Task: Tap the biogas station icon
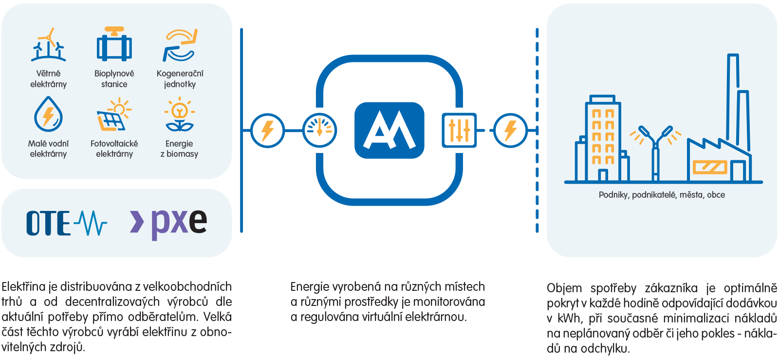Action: click(114, 44)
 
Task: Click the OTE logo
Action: click(66, 223)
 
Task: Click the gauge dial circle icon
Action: click(319, 131)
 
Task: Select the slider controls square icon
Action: click(459, 131)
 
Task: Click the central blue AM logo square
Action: click(389, 131)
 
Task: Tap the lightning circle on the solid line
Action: click(267, 131)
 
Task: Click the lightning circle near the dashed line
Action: click(511, 131)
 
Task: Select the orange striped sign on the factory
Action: click(710, 167)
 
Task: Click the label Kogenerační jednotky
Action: click(180, 78)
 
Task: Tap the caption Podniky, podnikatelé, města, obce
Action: click(662, 195)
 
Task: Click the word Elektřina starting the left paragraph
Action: click(24, 286)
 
